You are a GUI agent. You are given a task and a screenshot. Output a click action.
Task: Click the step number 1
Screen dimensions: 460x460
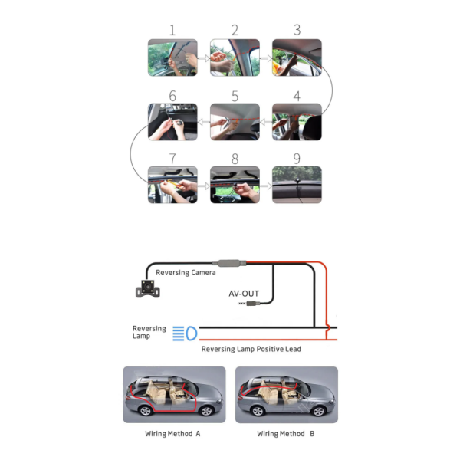pyautogui.click(x=172, y=30)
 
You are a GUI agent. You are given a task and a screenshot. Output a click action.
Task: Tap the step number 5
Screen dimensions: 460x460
pyautogui.click(x=235, y=97)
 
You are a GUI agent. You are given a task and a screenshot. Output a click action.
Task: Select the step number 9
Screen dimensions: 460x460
pyautogui.click(x=297, y=159)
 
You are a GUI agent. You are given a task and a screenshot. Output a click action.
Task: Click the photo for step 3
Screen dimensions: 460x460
pyautogui.click(x=297, y=58)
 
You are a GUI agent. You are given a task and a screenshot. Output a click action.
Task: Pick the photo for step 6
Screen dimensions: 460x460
pyautogui.click(x=172, y=122)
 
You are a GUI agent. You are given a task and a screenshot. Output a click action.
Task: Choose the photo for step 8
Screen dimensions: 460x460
pyautogui.click(x=235, y=185)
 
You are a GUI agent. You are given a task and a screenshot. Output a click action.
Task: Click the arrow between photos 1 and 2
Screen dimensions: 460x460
pyautogui.click(x=204, y=58)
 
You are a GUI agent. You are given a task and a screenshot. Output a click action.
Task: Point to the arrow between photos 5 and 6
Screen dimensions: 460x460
pyautogui.click(x=204, y=122)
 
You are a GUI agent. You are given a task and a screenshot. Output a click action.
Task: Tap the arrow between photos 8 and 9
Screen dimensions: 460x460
pyautogui.click(x=266, y=186)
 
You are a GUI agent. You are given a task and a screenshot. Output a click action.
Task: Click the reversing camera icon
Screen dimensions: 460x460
pyautogui.click(x=148, y=289)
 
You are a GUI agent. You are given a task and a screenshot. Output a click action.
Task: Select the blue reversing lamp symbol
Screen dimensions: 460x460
pyautogui.click(x=185, y=333)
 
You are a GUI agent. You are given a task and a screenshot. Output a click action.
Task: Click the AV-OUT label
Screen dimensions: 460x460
pyautogui.click(x=244, y=294)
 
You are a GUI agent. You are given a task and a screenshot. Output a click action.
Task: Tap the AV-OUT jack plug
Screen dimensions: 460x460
pyautogui.click(x=249, y=304)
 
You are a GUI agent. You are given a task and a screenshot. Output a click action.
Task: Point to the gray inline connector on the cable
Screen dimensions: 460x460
pyautogui.click(x=229, y=263)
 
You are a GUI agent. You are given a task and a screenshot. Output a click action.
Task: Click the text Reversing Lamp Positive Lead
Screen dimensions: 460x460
pyautogui.click(x=251, y=349)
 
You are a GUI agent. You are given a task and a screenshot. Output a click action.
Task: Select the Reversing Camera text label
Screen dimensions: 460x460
pyautogui.click(x=186, y=272)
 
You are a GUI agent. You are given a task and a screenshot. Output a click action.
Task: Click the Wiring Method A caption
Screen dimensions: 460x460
pyautogui.click(x=172, y=434)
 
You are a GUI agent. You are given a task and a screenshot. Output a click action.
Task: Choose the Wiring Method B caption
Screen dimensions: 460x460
pyautogui.click(x=286, y=434)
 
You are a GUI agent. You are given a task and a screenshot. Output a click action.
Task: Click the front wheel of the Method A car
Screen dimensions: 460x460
pyautogui.click(x=206, y=411)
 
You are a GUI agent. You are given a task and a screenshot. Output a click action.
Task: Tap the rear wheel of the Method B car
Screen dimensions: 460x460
pyautogui.click(x=258, y=411)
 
